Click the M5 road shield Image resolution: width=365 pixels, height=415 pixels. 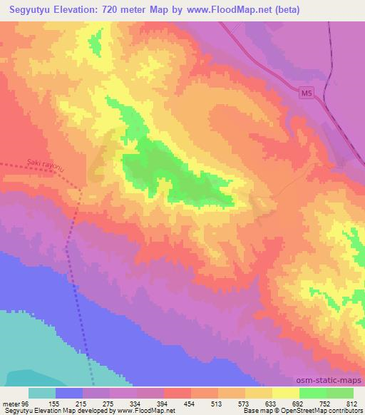pyautogui.click(x=306, y=93)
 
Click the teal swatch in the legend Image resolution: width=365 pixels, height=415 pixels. pyautogui.click(x=41, y=393)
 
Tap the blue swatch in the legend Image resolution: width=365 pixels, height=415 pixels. pyautogui.click(x=69, y=393)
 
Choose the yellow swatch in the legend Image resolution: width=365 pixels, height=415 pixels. pyautogui.click(x=285, y=393)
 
